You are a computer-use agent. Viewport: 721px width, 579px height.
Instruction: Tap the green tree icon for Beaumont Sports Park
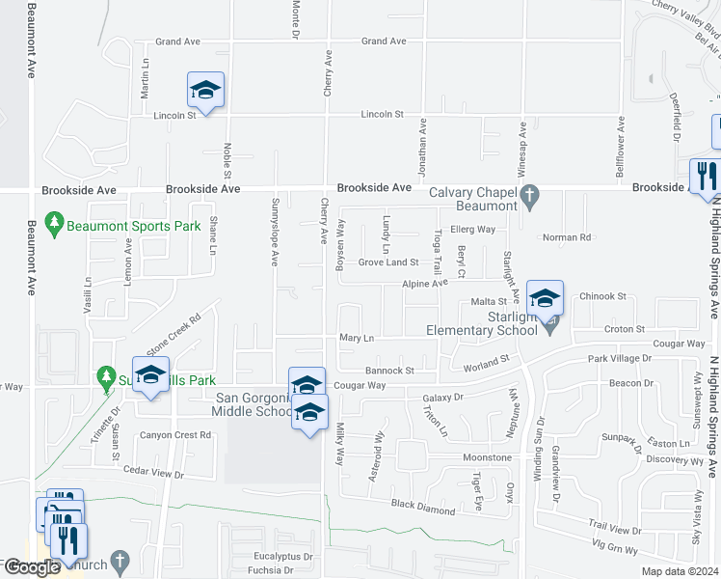point(54,225)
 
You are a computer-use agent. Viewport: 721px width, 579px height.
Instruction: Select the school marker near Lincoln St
point(205,91)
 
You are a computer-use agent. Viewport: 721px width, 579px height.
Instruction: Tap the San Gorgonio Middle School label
point(255,405)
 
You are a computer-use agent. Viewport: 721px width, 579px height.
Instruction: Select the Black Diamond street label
point(422,505)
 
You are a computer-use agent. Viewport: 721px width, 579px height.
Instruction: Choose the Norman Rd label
point(566,237)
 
